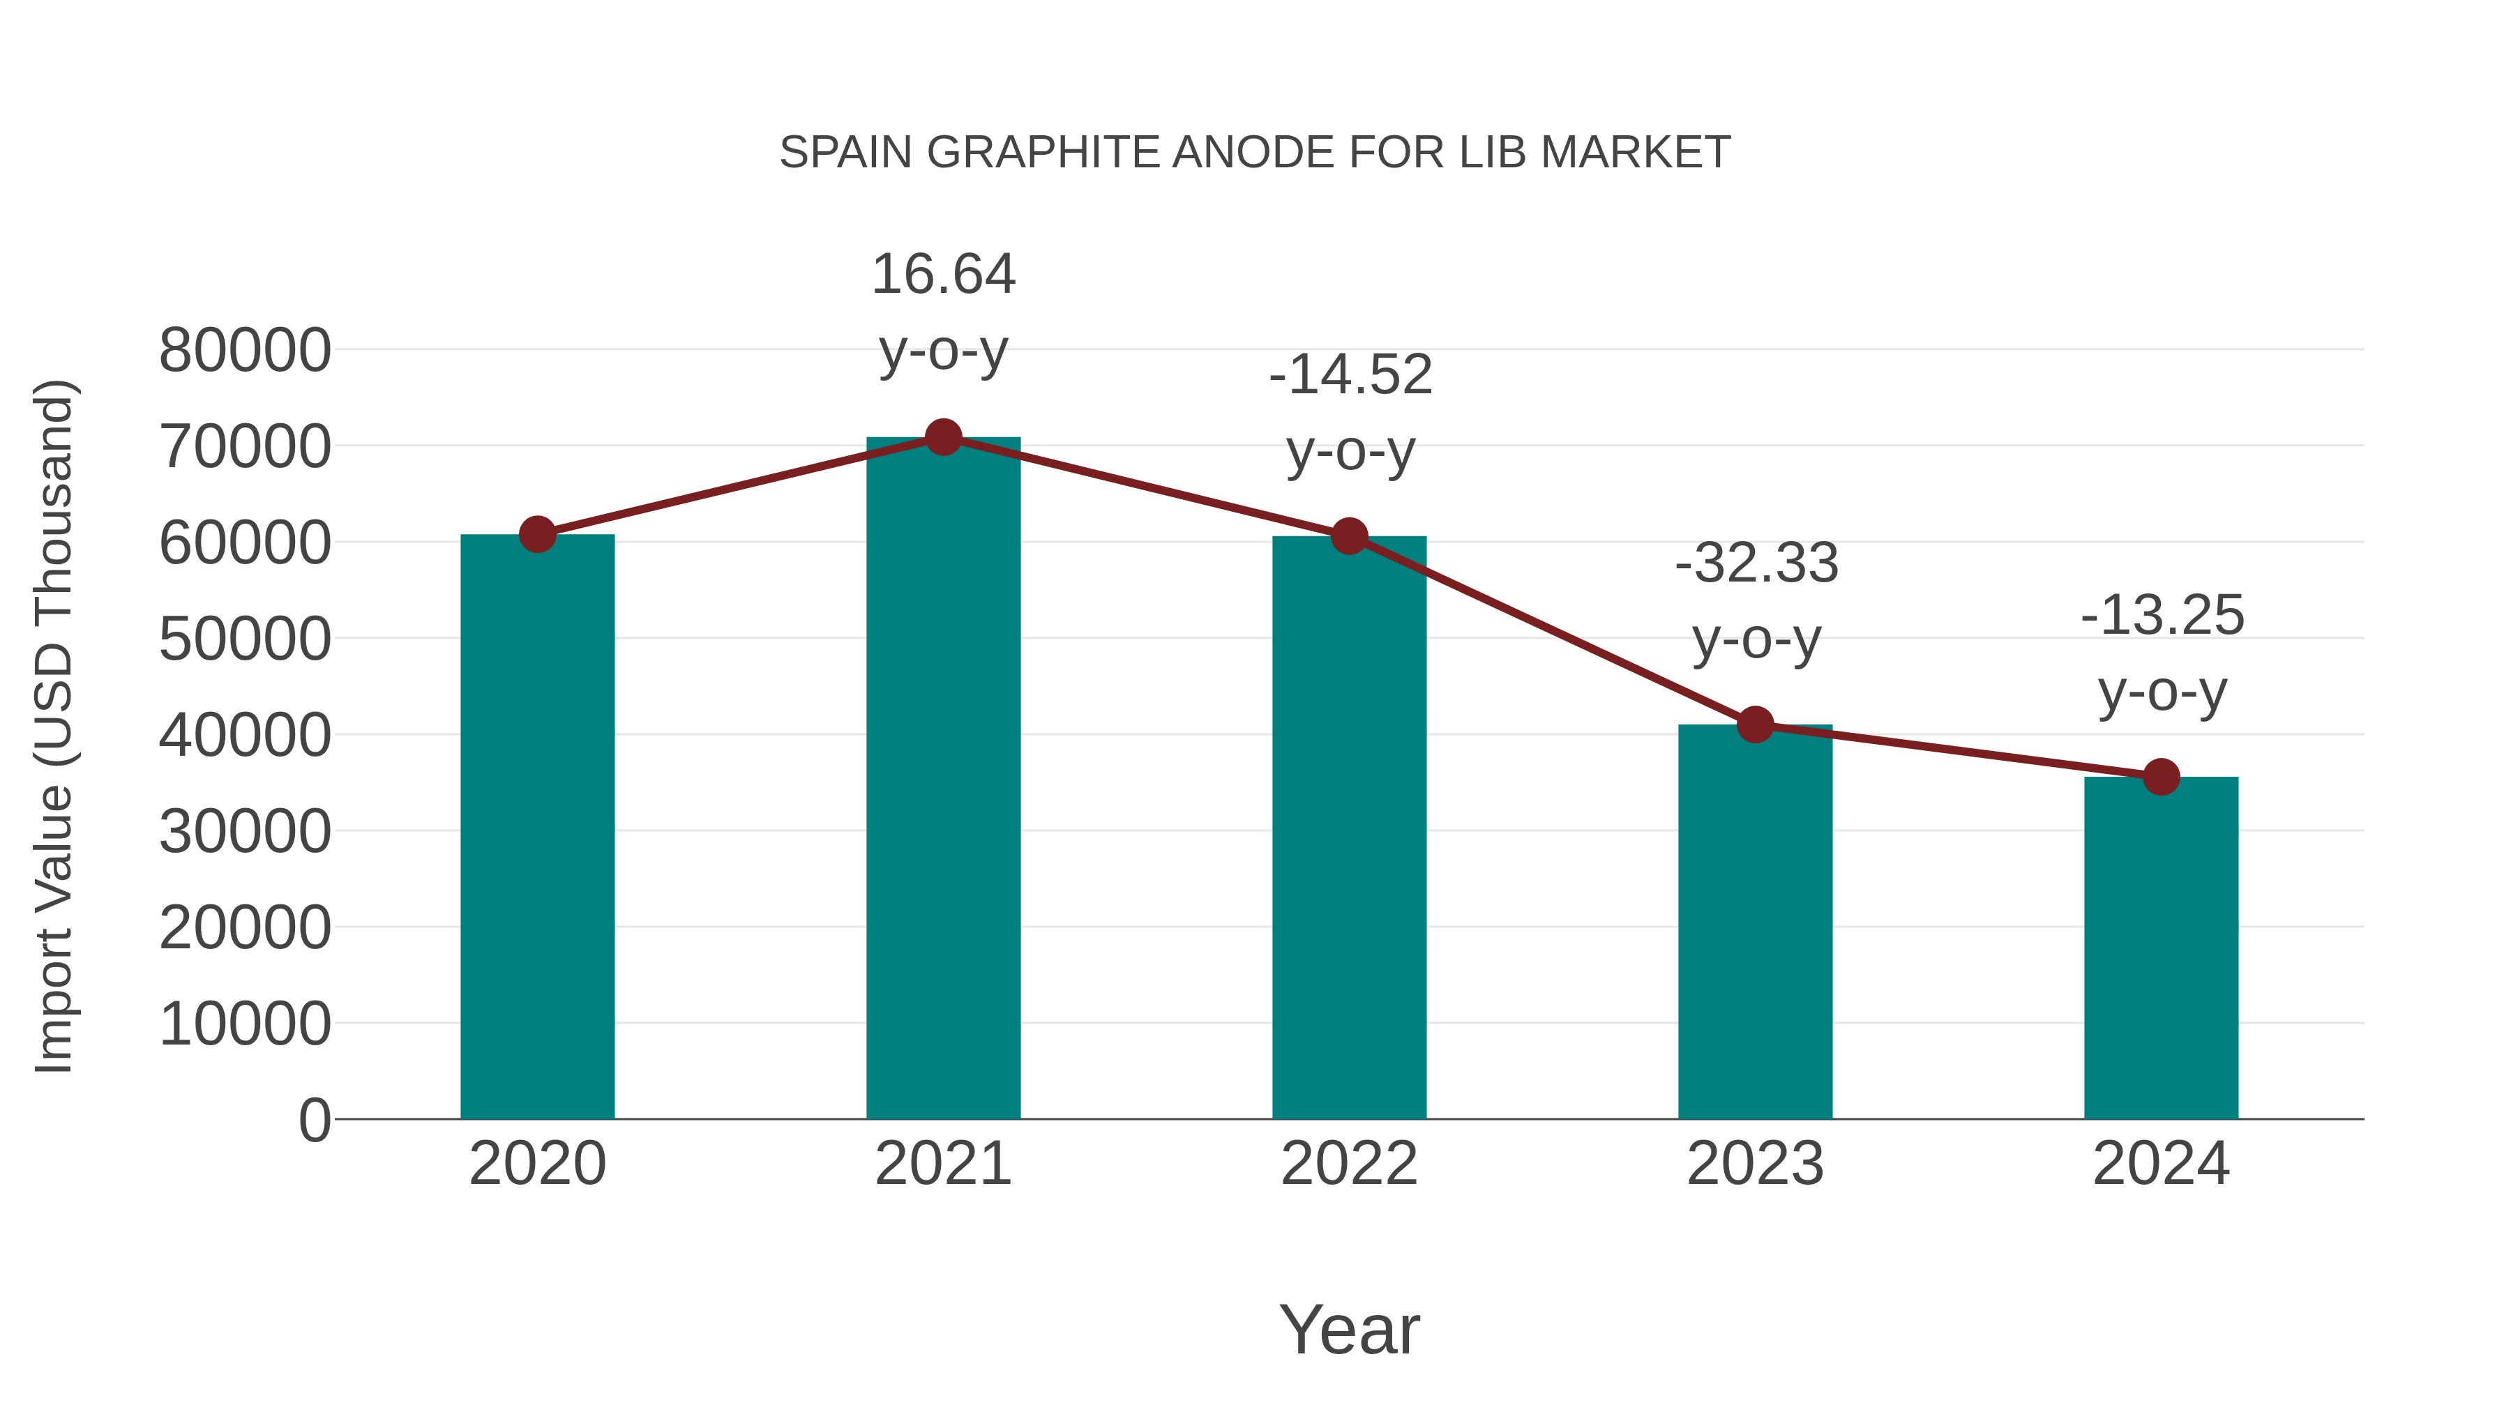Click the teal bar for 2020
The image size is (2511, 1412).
click(x=537, y=828)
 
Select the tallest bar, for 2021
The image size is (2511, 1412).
click(x=942, y=780)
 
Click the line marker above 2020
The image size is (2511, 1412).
click(x=537, y=534)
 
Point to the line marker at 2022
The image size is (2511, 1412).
click(x=1349, y=536)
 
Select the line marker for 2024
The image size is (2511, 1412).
click(x=2160, y=777)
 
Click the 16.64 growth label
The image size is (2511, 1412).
click(x=942, y=274)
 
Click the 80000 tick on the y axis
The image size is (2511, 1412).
click(x=245, y=351)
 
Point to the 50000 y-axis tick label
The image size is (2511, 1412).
click(x=245, y=640)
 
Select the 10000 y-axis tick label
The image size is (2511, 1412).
click(x=245, y=1025)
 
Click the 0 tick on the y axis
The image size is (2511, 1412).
click(x=315, y=1121)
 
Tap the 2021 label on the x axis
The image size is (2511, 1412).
click(x=942, y=1164)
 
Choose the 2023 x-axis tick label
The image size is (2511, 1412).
click(x=1755, y=1164)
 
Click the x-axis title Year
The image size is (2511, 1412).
click(x=1349, y=1330)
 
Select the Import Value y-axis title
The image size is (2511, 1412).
click(x=54, y=726)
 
